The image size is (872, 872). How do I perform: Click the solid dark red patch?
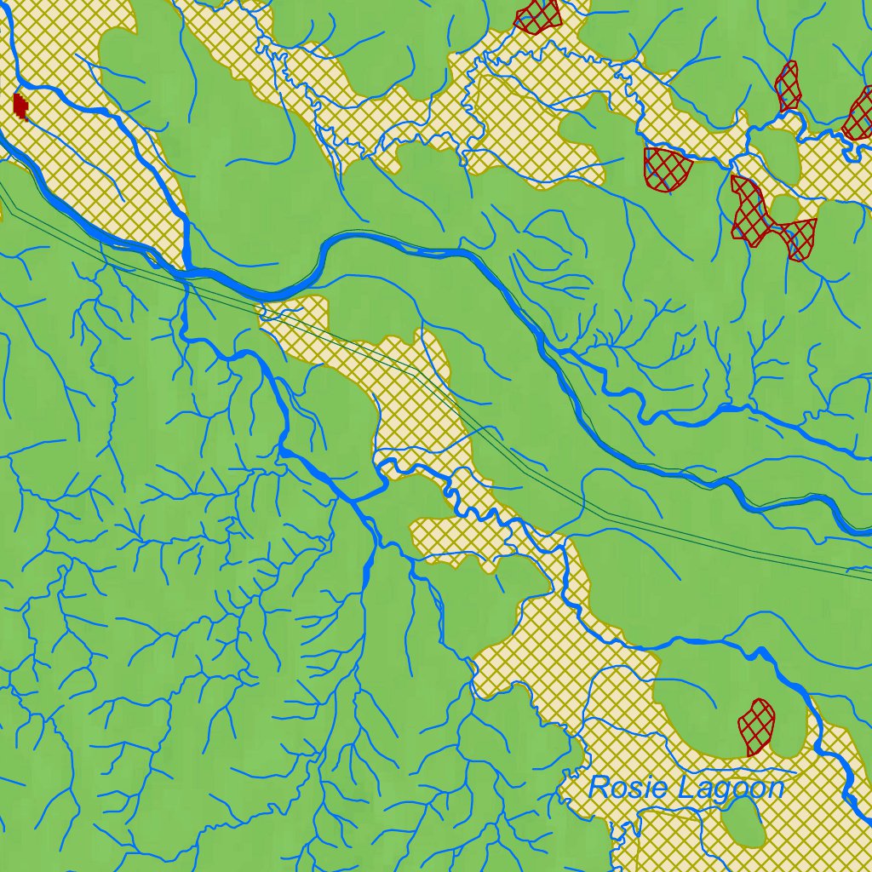click(x=20, y=106)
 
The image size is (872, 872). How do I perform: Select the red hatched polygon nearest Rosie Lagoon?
click(x=756, y=726)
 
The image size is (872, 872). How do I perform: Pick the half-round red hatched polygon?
click(x=667, y=167)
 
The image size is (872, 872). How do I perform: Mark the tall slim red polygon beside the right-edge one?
click(x=788, y=87)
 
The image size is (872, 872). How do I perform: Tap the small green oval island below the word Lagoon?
click(x=743, y=821)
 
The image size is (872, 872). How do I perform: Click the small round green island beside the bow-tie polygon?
click(x=785, y=207)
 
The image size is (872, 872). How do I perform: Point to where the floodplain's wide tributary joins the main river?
click(x=186, y=271)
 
